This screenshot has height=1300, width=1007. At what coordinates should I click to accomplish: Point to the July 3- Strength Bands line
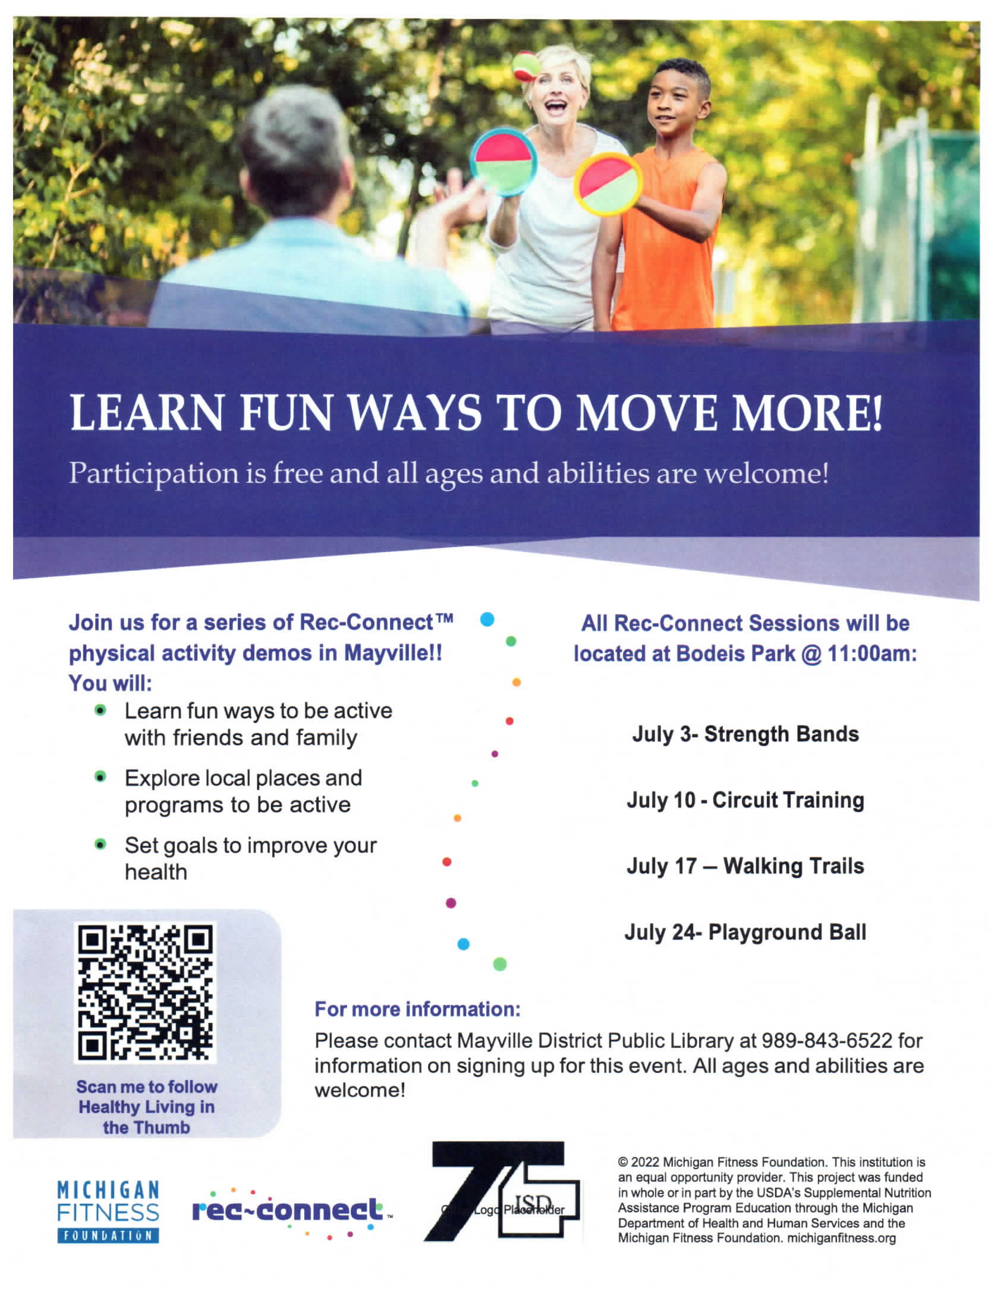coord(745,734)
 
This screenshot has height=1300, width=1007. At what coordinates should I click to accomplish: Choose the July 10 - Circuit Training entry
coord(745,800)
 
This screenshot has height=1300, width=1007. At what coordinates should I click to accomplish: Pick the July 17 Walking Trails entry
coord(745,866)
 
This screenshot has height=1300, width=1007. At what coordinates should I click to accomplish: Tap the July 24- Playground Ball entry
coord(745,932)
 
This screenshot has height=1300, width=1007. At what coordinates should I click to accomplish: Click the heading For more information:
coord(418,1010)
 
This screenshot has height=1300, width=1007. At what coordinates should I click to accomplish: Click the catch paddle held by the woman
coord(503,162)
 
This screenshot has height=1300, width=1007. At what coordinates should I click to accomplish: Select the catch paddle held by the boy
coord(608,184)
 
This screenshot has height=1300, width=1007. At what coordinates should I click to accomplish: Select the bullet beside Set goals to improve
coord(100,844)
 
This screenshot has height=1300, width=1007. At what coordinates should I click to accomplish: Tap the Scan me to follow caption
coord(147,1087)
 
